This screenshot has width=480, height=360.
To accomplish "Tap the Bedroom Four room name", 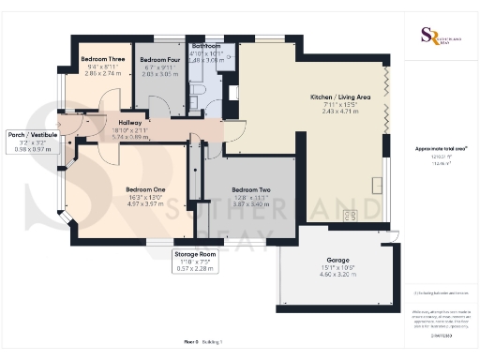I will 158,59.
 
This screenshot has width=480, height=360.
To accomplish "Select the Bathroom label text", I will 206,46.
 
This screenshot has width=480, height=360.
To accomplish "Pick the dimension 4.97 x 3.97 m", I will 145,203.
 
